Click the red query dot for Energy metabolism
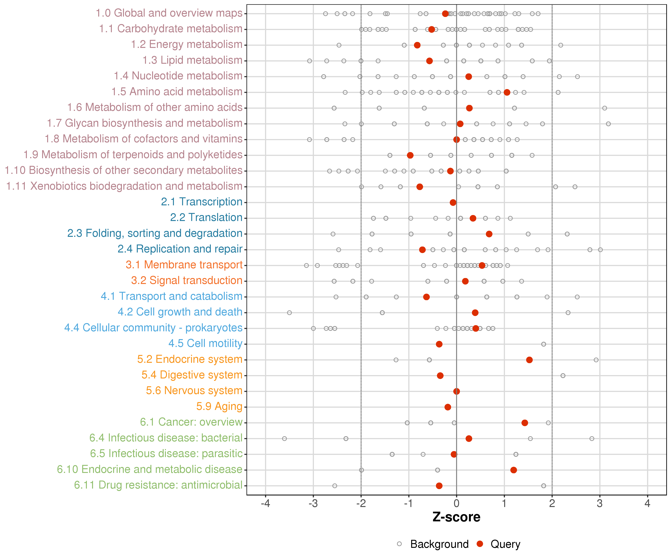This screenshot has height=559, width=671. tap(417, 45)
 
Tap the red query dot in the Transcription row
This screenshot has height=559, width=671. tap(453, 202)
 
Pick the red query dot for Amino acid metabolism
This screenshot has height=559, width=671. tap(507, 92)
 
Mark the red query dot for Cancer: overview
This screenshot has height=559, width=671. tap(525, 423)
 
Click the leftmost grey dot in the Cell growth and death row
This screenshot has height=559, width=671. tap(289, 312)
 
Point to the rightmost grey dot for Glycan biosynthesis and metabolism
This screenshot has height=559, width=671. tap(608, 124)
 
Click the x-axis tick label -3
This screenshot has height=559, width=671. tap(313, 504)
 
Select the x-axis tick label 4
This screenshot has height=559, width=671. tap(647, 504)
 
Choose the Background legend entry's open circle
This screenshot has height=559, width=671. tap(399, 544)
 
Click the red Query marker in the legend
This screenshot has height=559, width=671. tap(480, 544)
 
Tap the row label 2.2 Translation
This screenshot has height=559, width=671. tap(206, 217)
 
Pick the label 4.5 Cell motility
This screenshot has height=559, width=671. tap(205, 343)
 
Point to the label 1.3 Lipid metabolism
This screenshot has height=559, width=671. tap(192, 60)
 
